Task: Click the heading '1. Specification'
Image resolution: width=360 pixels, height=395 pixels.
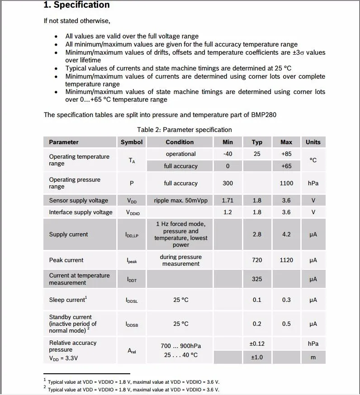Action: click(x=76, y=5)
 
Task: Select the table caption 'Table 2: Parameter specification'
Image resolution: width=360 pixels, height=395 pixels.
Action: click(x=185, y=130)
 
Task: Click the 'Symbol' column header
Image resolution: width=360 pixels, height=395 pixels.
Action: click(x=132, y=142)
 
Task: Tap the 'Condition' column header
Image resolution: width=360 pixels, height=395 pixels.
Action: click(x=180, y=142)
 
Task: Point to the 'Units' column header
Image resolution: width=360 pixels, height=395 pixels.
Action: click(x=313, y=142)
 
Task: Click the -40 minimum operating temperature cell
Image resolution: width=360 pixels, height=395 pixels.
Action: click(x=227, y=154)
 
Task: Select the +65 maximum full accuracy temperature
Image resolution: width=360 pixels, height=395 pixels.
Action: click(x=286, y=166)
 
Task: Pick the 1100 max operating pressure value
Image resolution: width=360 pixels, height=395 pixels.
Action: click(x=286, y=183)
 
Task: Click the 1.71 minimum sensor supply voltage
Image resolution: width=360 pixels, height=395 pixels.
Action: click(x=227, y=200)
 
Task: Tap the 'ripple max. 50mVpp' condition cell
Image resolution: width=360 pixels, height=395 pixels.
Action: click(x=180, y=200)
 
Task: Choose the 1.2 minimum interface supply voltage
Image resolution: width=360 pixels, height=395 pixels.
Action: click(x=227, y=212)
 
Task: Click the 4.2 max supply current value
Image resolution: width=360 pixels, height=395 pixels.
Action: click(x=286, y=234)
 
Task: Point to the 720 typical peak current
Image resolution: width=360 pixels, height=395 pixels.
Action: click(x=257, y=260)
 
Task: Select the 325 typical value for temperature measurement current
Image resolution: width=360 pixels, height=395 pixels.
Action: click(x=257, y=279)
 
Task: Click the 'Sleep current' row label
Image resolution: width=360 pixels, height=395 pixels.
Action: click(x=68, y=300)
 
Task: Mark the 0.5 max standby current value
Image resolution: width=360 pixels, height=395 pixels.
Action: click(x=286, y=324)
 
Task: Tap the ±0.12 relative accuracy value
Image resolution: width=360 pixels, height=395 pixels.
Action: click(x=257, y=343)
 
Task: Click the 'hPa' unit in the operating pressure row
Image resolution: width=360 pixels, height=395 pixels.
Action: click(x=313, y=183)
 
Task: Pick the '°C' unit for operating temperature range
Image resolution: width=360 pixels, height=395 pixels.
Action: click(x=313, y=160)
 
